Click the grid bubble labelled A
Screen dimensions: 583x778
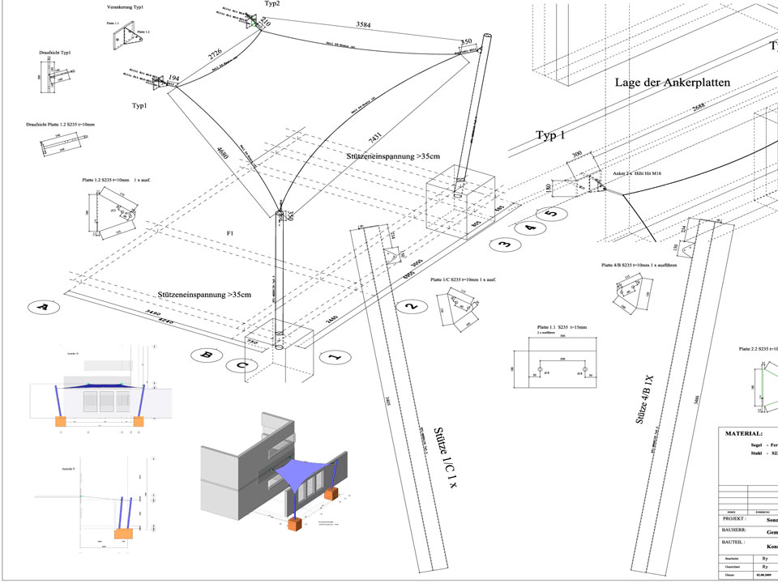click(44, 308)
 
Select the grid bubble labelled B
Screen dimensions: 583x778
click(207, 355)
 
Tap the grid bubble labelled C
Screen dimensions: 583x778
click(242, 365)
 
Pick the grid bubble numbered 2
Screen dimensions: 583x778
click(412, 306)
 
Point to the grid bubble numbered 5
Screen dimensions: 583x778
click(550, 215)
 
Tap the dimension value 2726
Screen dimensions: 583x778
click(215, 54)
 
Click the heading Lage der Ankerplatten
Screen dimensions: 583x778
click(673, 83)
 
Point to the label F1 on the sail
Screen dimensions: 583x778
click(230, 234)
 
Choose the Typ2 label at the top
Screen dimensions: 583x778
click(272, 4)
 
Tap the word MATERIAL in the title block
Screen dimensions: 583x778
click(743, 433)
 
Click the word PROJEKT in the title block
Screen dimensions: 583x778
click(738, 519)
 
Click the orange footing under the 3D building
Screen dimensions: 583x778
click(296, 526)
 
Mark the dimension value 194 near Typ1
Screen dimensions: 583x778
click(174, 79)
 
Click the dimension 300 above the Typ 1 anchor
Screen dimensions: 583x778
click(577, 153)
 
